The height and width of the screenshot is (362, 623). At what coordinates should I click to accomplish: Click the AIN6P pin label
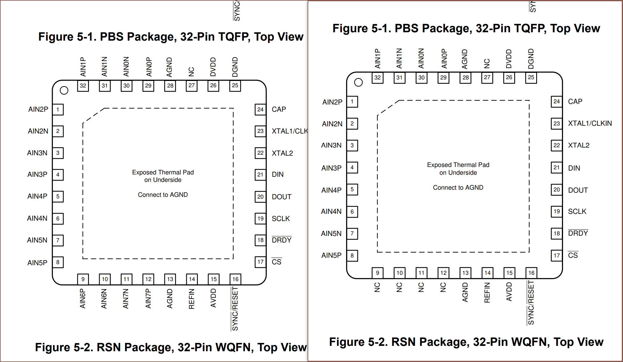(x=83, y=298)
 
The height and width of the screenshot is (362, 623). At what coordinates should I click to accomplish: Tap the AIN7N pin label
(x=126, y=298)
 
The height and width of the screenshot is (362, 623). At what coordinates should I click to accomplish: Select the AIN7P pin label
(x=148, y=298)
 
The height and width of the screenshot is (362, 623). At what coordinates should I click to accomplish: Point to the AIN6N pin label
(x=104, y=298)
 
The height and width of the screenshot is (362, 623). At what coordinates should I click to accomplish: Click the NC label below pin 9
(x=377, y=287)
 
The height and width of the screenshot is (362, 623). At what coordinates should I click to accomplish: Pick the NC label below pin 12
(x=443, y=287)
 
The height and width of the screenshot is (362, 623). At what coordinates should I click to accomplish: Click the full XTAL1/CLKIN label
(x=590, y=123)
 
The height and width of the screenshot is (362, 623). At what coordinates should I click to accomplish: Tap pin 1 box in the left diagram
(x=58, y=109)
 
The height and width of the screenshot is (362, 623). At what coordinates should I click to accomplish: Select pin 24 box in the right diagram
(x=556, y=102)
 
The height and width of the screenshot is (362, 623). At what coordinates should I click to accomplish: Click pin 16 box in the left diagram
(x=235, y=279)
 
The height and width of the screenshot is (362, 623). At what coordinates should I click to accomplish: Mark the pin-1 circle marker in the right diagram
(x=358, y=82)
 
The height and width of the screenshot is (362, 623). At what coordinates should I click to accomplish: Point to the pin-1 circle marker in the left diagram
(x=64, y=90)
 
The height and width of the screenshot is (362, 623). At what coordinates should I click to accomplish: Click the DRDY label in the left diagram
(x=282, y=240)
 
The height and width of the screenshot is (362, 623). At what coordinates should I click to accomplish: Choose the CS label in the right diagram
(x=573, y=255)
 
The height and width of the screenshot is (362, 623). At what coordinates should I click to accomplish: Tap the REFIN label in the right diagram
(x=487, y=292)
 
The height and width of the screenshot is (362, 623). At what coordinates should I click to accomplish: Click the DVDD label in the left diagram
(x=213, y=67)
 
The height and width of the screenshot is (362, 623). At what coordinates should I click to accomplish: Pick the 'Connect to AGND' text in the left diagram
(x=163, y=195)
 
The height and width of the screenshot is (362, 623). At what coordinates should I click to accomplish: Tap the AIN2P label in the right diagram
(x=332, y=102)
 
